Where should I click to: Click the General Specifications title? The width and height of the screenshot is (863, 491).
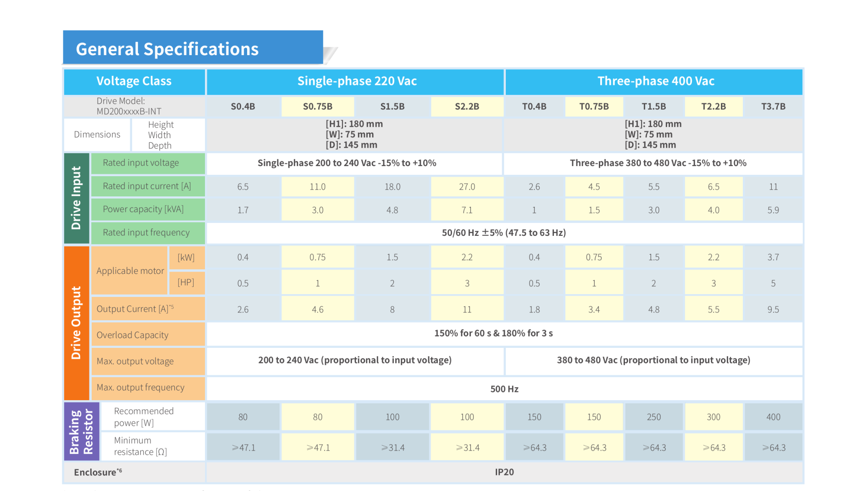(167, 49)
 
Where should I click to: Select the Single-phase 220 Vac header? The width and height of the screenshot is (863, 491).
(357, 81)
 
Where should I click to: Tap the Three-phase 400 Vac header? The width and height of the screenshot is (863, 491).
(655, 81)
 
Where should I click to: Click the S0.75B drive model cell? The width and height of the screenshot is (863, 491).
(317, 106)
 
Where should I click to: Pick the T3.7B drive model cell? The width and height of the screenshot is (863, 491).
(773, 106)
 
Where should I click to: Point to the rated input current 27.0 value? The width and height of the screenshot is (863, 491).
(467, 187)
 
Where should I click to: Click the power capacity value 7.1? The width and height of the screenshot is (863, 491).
(467, 210)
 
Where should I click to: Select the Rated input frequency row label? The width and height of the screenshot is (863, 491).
(146, 233)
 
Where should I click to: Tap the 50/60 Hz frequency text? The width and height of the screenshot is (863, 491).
(503, 233)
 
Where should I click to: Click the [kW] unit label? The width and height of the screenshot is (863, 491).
(186, 257)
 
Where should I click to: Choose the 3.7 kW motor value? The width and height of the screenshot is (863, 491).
(773, 257)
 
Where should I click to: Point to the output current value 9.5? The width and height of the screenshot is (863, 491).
(773, 310)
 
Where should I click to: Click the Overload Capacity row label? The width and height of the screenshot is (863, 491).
(133, 335)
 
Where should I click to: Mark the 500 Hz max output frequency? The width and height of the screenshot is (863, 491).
(504, 389)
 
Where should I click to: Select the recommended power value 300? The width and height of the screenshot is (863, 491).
(714, 417)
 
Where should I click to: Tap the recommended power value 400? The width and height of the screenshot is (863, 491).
(773, 417)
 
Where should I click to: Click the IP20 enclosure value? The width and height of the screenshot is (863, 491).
(504, 472)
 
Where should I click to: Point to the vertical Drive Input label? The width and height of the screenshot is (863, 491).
(76, 198)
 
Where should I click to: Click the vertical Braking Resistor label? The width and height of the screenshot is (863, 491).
(81, 432)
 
